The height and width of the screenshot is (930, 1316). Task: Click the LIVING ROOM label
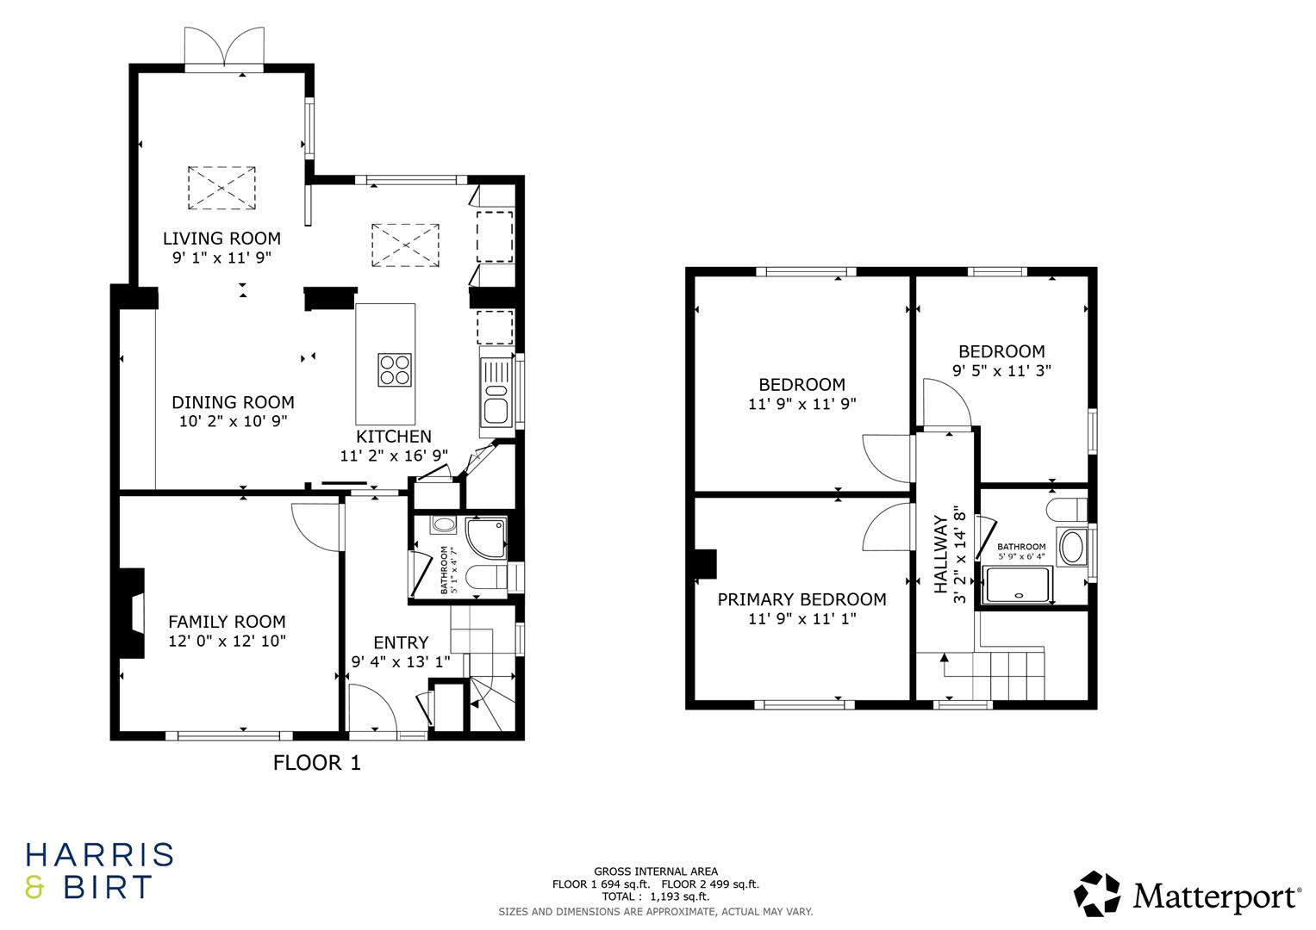(221, 239)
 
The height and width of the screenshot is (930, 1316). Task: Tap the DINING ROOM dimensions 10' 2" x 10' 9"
(233, 421)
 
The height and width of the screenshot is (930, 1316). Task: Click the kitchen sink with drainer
(496, 393)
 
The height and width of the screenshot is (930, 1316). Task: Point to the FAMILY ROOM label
(227, 622)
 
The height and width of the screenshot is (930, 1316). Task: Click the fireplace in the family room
(134, 613)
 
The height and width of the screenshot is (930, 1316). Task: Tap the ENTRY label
(400, 642)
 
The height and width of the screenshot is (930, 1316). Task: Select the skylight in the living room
(221, 186)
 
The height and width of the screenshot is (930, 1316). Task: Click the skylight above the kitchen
(405, 244)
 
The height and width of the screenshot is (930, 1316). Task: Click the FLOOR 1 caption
(316, 762)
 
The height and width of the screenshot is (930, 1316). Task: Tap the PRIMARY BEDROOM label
(801, 599)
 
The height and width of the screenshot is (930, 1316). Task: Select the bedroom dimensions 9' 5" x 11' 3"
(1001, 370)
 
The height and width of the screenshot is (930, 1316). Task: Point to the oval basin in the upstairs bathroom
(1072, 548)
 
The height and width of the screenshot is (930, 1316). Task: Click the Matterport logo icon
(1097, 893)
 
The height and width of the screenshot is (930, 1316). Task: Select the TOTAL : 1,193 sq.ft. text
(655, 896)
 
